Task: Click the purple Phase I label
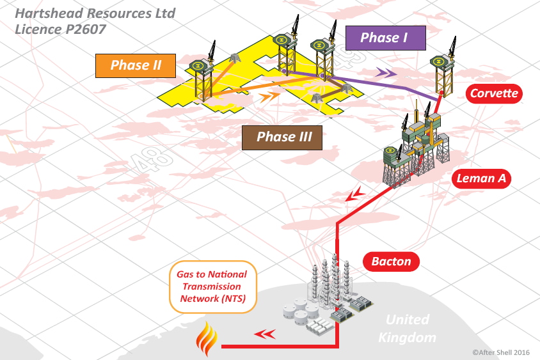[385, 38]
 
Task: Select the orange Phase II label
[134, 65]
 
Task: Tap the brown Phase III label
[282, 137]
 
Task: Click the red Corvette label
[494, 93]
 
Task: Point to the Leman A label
[482, 178]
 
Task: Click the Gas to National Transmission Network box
[212, 287]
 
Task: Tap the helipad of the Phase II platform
[199, 65]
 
